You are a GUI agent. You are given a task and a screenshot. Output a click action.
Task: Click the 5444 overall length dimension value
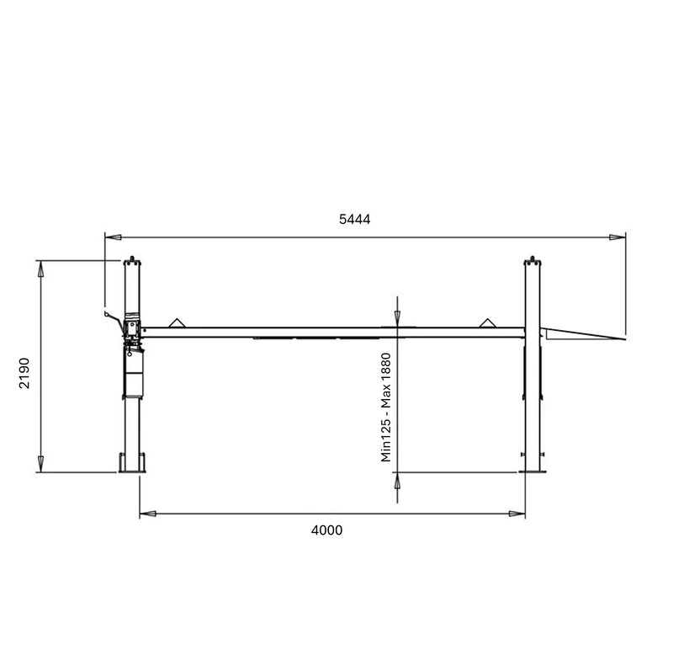click(x=354, y=219)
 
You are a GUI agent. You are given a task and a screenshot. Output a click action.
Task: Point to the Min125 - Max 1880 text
click(x=387, y=407)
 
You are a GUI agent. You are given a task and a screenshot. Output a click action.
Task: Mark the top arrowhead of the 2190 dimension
click(x=40, y=267)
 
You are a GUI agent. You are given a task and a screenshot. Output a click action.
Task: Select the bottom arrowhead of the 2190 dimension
click(x=40, y=466)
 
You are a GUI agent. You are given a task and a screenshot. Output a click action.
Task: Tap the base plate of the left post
click(x=130, y=469)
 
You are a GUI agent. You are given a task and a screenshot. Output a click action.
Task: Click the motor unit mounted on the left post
click(x=132, y=327)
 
